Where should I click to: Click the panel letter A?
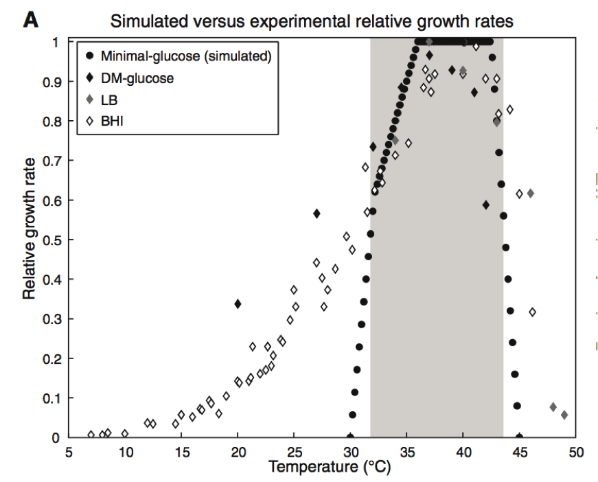tap(30, 21)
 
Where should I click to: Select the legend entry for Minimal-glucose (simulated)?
tap(185, 56)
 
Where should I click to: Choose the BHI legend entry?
tap(112, 122)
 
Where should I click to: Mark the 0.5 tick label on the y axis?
tap(52, 240)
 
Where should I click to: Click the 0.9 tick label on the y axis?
tap(52, 82)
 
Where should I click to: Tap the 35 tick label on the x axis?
tap(407, 453)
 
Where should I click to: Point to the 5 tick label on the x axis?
tap(69, 453)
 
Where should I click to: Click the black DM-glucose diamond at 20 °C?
tap(238, 303)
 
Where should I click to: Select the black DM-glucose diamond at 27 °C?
tap(317, 214)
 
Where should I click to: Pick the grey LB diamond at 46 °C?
tap(530, 194)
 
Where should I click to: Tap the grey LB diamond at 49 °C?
tap(564, 415)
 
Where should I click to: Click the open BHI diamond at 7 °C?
tap(91, 435)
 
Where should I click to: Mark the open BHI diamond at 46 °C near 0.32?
tap(532, 312)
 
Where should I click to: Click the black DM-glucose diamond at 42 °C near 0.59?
tap(485, 205)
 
